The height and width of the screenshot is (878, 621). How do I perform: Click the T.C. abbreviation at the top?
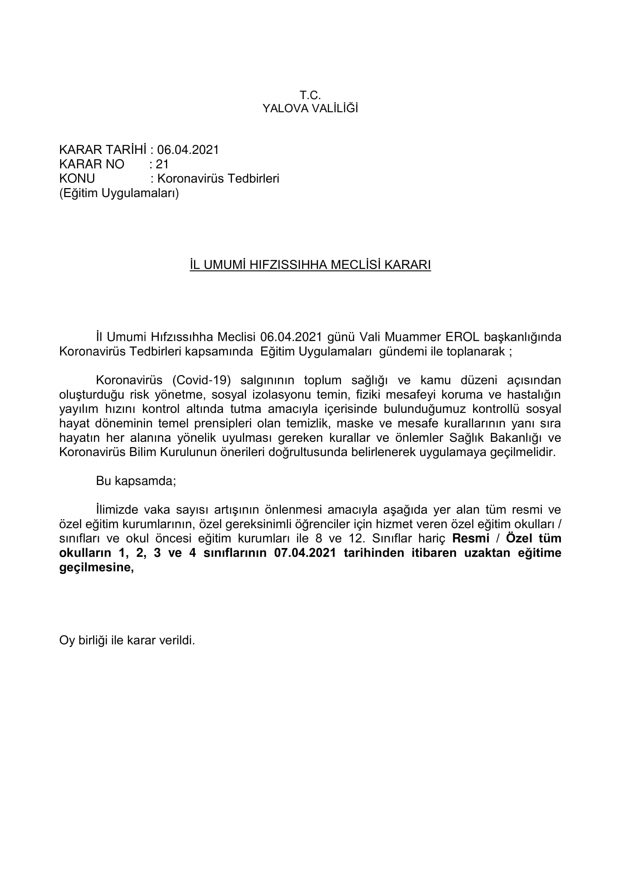[310, 95]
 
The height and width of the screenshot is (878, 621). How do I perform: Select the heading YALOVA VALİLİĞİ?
[310, 109]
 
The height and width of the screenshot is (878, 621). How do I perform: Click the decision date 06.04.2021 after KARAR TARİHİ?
[188, 150]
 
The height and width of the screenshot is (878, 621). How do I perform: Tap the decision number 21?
[162, 164]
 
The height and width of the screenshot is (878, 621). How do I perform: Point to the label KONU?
[77, 179]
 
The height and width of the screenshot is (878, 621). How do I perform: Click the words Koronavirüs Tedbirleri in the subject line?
[219, 179]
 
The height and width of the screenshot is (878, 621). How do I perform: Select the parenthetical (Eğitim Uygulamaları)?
[119, 193]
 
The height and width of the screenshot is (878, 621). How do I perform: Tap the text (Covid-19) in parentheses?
[202, 380]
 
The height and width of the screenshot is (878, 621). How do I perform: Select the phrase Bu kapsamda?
[136, 481]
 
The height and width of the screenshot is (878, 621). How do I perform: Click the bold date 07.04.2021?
[305, 553]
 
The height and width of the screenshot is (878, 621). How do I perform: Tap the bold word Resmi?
[471, 538]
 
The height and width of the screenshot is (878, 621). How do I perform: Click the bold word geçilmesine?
[97, 568]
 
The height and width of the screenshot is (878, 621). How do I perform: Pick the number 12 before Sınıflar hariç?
[355, 538]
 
